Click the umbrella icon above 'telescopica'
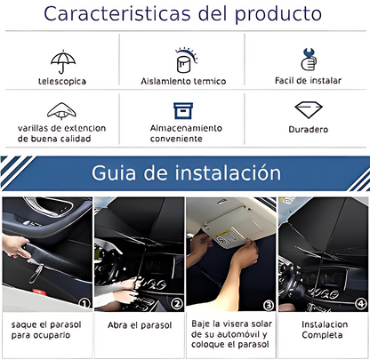(63, 61)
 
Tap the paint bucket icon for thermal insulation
(186, 60)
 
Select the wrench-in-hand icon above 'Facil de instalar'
(309, 60)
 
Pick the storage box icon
(183, 110)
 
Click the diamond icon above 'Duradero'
(309, 109)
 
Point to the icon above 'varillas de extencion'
(61, 111)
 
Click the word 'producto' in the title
(278, 14)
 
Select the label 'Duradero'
(309, 130)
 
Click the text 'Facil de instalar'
(308, 81)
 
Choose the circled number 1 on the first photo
(84, 303)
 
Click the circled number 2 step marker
(177, 304)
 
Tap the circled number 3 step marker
(269, 305)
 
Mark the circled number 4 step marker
(360, 304)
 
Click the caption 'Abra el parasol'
(140, 325)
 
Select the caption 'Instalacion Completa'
(325, 330)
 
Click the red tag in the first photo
(37, 292)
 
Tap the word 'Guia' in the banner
(114, 172)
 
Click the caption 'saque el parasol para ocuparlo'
(46, 330)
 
